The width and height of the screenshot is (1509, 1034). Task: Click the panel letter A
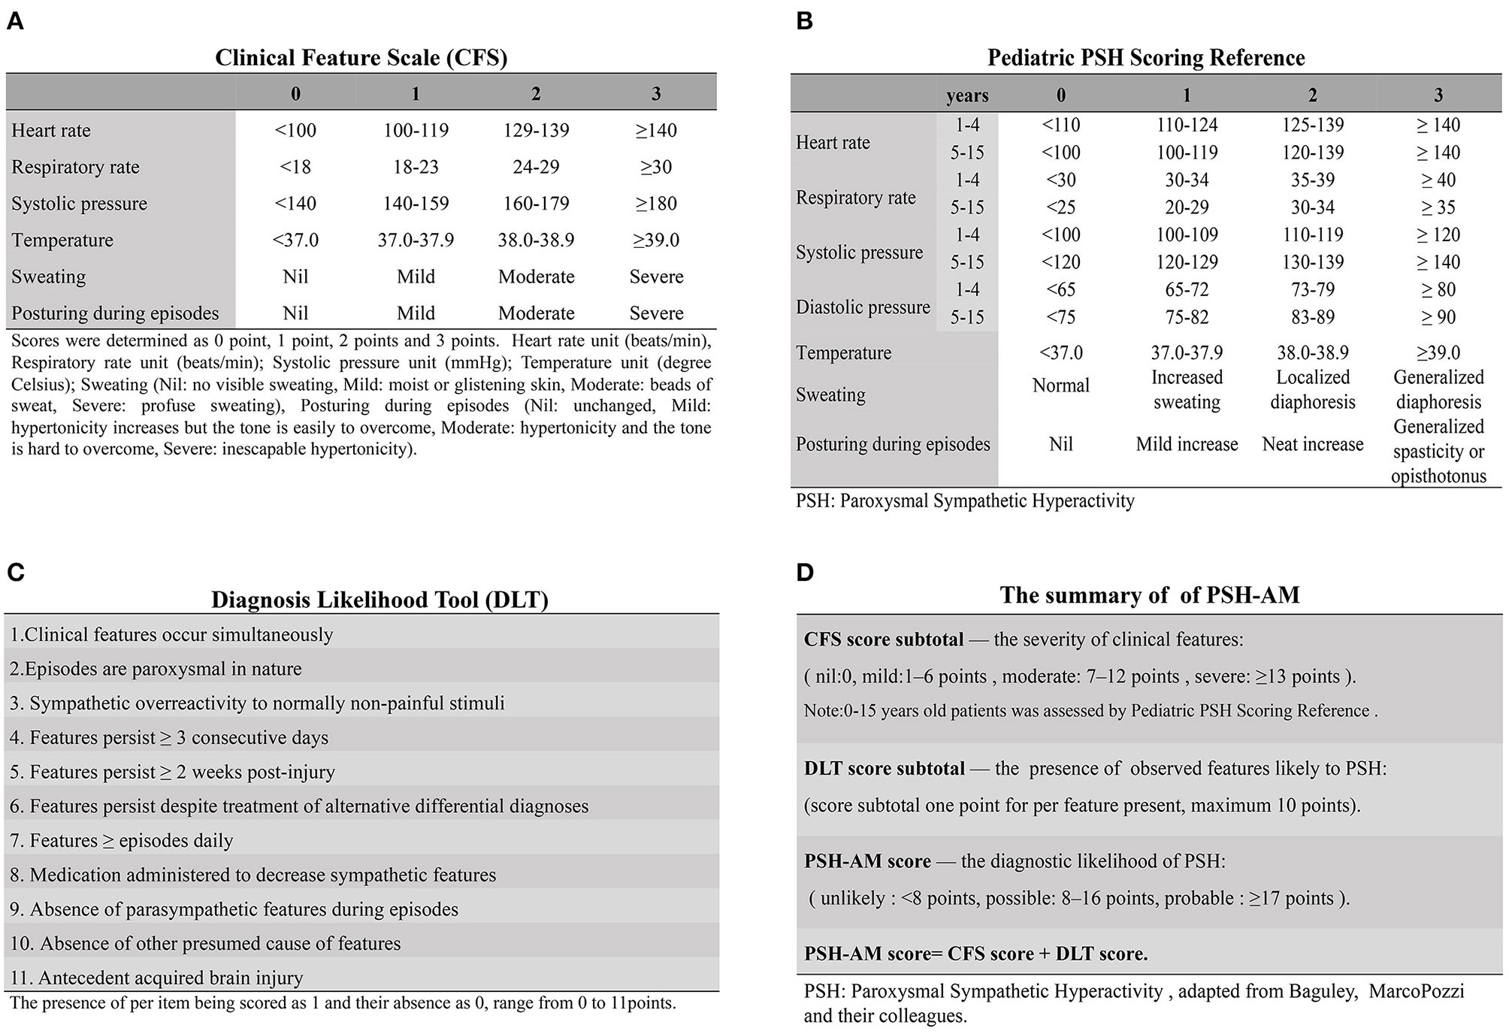pyautogui.click(x=15, y=22)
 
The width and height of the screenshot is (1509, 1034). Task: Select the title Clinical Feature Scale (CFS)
pyautogui.click(x=361, y=58)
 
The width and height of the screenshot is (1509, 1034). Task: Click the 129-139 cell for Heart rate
pyautogui.click(x=536, y=130)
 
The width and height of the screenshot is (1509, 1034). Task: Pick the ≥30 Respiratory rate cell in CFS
pyautogui.click(x=656, y=167)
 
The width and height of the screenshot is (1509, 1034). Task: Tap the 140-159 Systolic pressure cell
pyautogui.click(x=416, y=204)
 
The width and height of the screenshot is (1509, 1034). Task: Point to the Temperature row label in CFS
pyautogui.click(x=62, y=240)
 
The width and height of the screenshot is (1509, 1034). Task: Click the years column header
pyautogui.click(x=967, y=95)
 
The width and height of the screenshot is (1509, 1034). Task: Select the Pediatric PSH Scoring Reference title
pyautogui.click(x=1146, y=58)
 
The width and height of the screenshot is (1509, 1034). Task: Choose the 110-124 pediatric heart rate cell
pyautogui.click(x=1187, y=125)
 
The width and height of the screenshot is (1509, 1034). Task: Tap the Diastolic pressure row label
pyautogui.click(x=863, y=307)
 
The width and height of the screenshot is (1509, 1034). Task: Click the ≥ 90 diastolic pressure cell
pyautogui.click(x=1438, y=317)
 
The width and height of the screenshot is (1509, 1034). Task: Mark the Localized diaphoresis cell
pyautogui.click(x=1312, y=389)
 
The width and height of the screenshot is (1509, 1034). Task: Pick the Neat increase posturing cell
pyautogui.click(x=1312, y=444)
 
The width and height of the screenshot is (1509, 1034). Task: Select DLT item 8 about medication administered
pyautogui.click(x=253, y=875)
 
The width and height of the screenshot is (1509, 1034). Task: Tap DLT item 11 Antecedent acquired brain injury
pyautogui.click(x=156, y=978)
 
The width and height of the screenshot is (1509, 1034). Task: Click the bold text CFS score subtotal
pyautogui.click(x=884, y=639)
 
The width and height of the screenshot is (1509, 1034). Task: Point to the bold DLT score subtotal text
pyautogui.click(x=885, y=769)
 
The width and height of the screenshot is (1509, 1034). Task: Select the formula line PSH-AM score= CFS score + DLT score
pyautogui.click(x=975, y=954)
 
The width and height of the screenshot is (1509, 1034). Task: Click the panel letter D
pyautogui.click(x=805, y=573)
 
